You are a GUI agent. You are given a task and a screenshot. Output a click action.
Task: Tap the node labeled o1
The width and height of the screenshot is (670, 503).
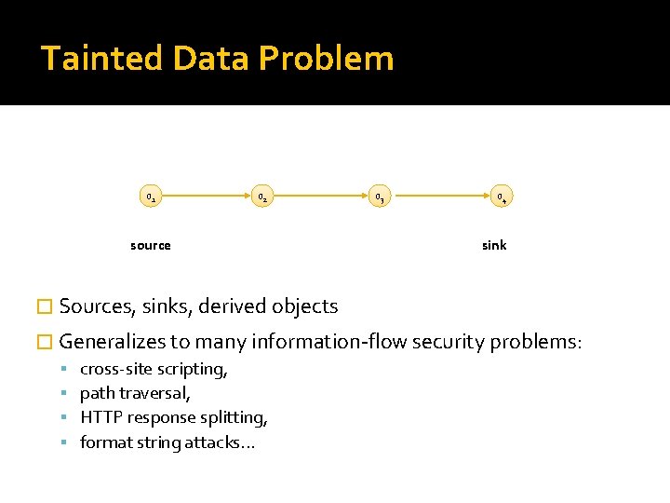point(151,197)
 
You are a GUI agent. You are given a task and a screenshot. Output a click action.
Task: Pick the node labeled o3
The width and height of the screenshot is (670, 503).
point(379,197)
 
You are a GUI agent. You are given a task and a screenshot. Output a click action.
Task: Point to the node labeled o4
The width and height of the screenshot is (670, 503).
point(501,197)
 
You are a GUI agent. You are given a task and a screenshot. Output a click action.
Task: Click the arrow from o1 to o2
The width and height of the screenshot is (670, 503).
point(207,197)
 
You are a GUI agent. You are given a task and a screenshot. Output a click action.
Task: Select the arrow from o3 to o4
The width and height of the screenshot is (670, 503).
point(439,197)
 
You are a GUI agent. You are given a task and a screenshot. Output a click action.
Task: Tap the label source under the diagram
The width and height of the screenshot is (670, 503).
point(151,245)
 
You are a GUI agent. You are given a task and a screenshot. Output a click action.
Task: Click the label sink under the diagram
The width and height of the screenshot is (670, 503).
point(494,245)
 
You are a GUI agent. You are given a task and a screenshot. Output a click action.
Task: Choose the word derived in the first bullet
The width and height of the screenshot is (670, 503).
point(232,306)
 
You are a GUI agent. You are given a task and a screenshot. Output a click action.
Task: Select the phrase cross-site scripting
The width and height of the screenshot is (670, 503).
point(154,369)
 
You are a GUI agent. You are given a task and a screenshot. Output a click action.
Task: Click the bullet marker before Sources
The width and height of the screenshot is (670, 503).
point(47,306)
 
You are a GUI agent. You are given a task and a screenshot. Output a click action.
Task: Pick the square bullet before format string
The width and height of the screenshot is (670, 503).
point(68,442)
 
